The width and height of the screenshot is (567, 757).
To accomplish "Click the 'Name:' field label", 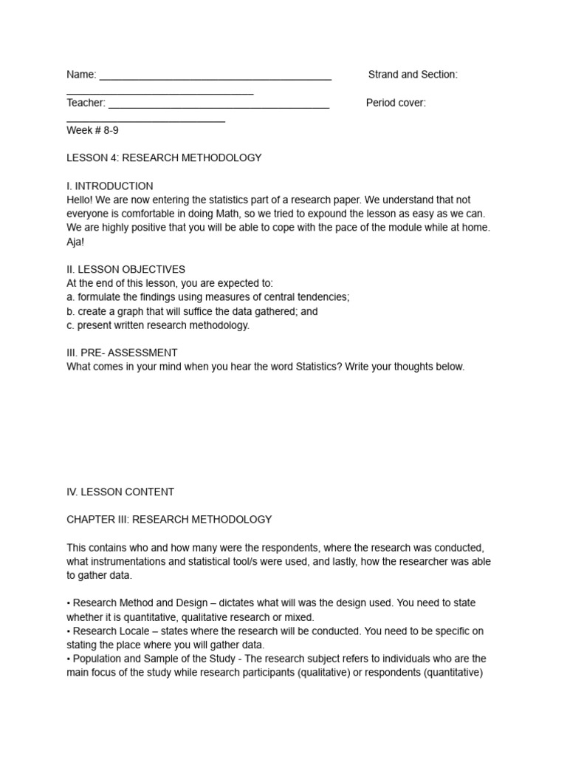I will click(x=81, y=75).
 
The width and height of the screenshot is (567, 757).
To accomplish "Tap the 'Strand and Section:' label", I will click(x=413, y=75).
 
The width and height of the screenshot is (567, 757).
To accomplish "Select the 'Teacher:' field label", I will click(x=86, y=103).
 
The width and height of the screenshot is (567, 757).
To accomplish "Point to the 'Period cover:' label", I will click(x=396, y=103).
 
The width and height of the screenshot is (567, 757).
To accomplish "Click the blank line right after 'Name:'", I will click(x=215, y=76).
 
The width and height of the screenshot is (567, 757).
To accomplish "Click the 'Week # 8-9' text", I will click(x=92, y=130).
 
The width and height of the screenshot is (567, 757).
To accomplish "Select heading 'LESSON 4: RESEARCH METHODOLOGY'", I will click(x=164, y=158).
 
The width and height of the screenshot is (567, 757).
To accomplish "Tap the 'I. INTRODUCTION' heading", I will click(x=110, y=186).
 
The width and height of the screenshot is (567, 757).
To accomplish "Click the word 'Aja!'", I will click(x=77, y=242).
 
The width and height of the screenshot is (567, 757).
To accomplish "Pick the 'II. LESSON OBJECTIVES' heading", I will click(x=126, y=269).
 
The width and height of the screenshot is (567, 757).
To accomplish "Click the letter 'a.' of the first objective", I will click(x=71, y=297).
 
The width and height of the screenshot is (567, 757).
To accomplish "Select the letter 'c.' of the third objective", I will click(x=71, y=325).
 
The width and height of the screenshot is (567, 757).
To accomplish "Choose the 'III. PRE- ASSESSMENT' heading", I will click(x=122, y=353).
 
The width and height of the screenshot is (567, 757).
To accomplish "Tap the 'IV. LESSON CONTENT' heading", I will click(x=120, y=492).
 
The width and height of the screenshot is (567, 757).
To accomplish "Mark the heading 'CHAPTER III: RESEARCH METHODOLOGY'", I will click(x=169, y=520).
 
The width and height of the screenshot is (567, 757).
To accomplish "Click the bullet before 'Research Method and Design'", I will click(x=69, y=603).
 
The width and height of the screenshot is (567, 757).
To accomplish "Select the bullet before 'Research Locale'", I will click(x=69, y=631).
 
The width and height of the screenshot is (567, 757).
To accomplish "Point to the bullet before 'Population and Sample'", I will click(x=69, y=659).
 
